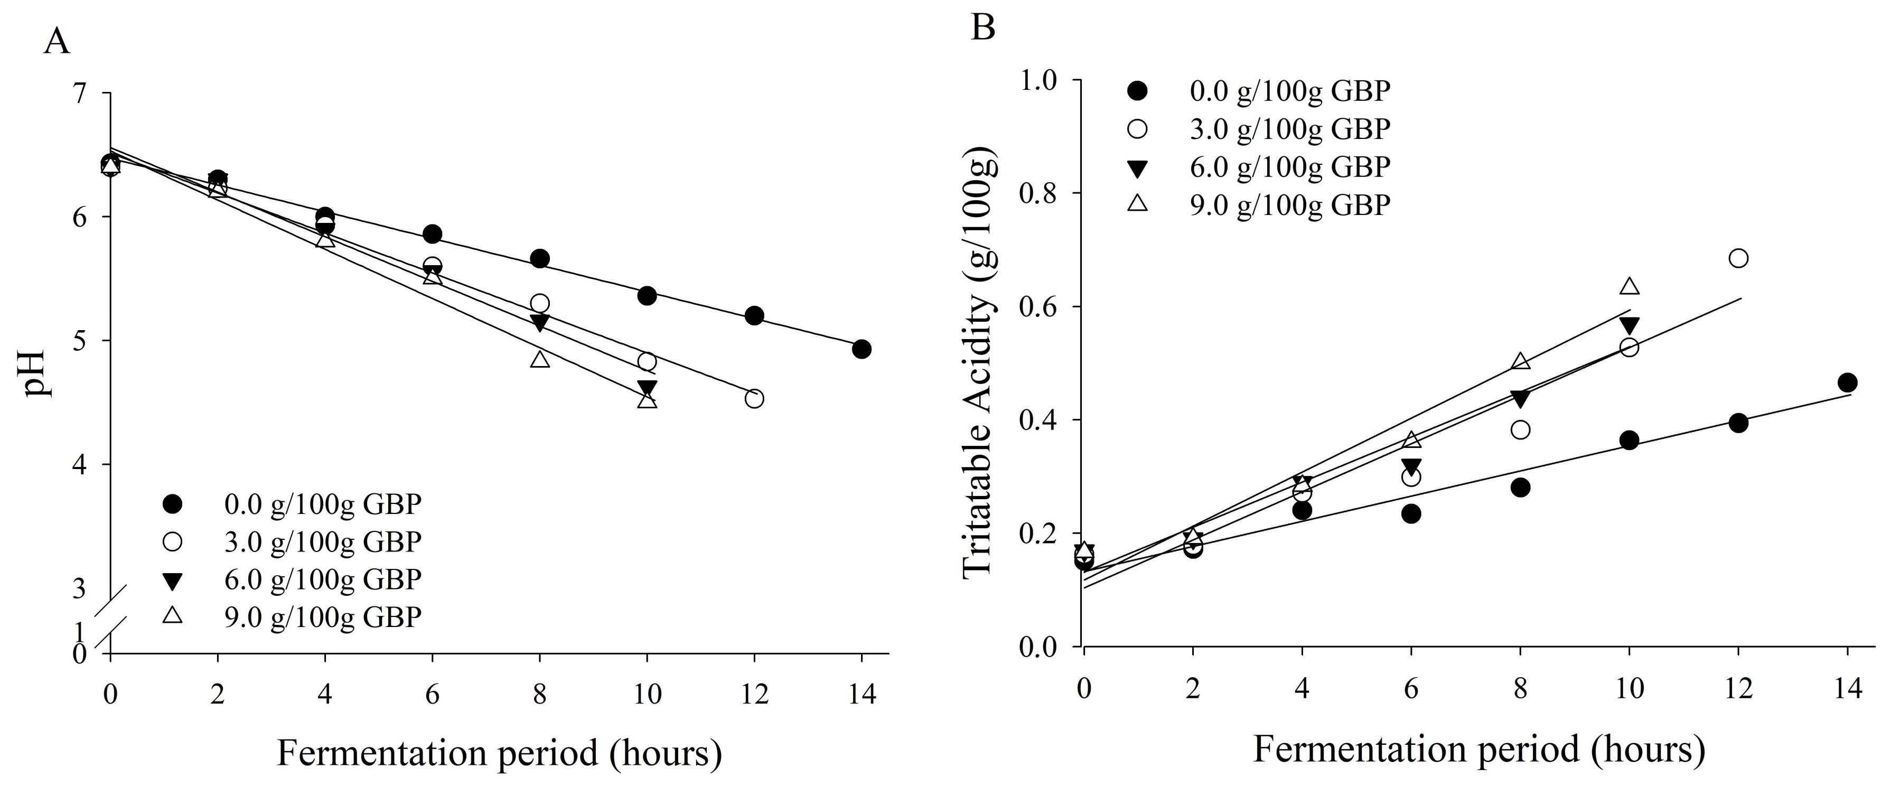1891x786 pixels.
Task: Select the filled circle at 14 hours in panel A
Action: [x=862, y=349]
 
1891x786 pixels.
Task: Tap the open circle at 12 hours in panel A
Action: [x=754, y=398]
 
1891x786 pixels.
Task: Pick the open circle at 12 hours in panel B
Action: [x=1738, y=258]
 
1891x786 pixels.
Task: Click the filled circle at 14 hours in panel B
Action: [x=1848, y=382]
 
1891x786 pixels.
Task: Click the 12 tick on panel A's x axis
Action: [x=754, y=693]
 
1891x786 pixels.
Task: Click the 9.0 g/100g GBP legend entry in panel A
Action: [x=323, y=616]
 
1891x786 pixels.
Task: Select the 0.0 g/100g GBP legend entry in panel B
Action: [x=1290, y=92]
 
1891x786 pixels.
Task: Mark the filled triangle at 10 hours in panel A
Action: [x=647, y=388]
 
